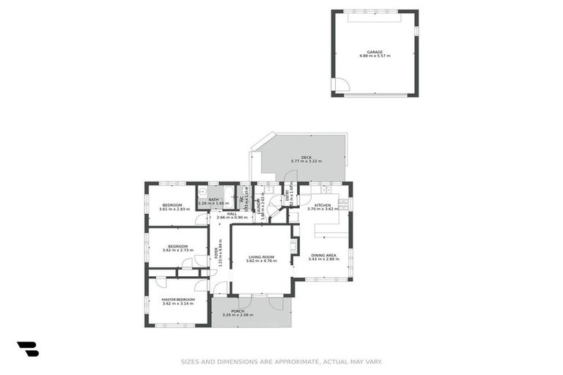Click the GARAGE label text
click(x=375, y=52)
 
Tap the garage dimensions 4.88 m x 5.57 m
click(x=375, y=56)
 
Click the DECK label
click(x=296, y=157)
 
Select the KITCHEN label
click(x=323, y=205)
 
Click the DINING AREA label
click(x=323, y=254)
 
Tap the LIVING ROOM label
click(x=261, y=256)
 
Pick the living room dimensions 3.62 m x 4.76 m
click(x=261, y=261)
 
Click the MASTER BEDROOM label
click(x=178, y=299)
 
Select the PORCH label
click(x=238, y=311)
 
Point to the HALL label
click(x=231, y=213)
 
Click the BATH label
click(x=213, y=199)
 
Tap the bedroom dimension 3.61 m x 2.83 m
click(x=173, y=209)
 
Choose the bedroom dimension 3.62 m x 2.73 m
click(x=178, y=250)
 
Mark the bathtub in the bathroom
click(x=228, y=196)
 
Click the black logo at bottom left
click(x=27, y=349)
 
